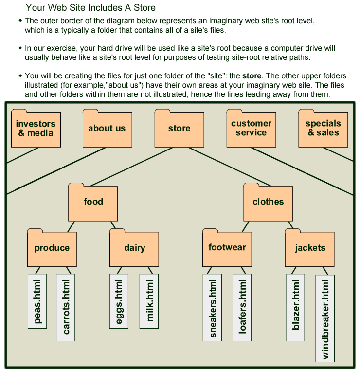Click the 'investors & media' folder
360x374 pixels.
[36, 129]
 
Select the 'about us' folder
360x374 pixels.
[107, 129]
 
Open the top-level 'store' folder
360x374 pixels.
[179, 129]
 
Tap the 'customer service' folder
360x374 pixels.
[251, 129]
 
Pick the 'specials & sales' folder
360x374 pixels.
[323, 129]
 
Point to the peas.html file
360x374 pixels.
[37, 301]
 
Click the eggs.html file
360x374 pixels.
[119, 301]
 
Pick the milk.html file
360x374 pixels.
[149, 301]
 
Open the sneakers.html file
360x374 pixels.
[212, 307]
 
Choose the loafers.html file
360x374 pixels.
[242, 307]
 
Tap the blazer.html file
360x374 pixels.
[295, 307]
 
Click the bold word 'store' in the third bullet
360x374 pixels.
[252, 76]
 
